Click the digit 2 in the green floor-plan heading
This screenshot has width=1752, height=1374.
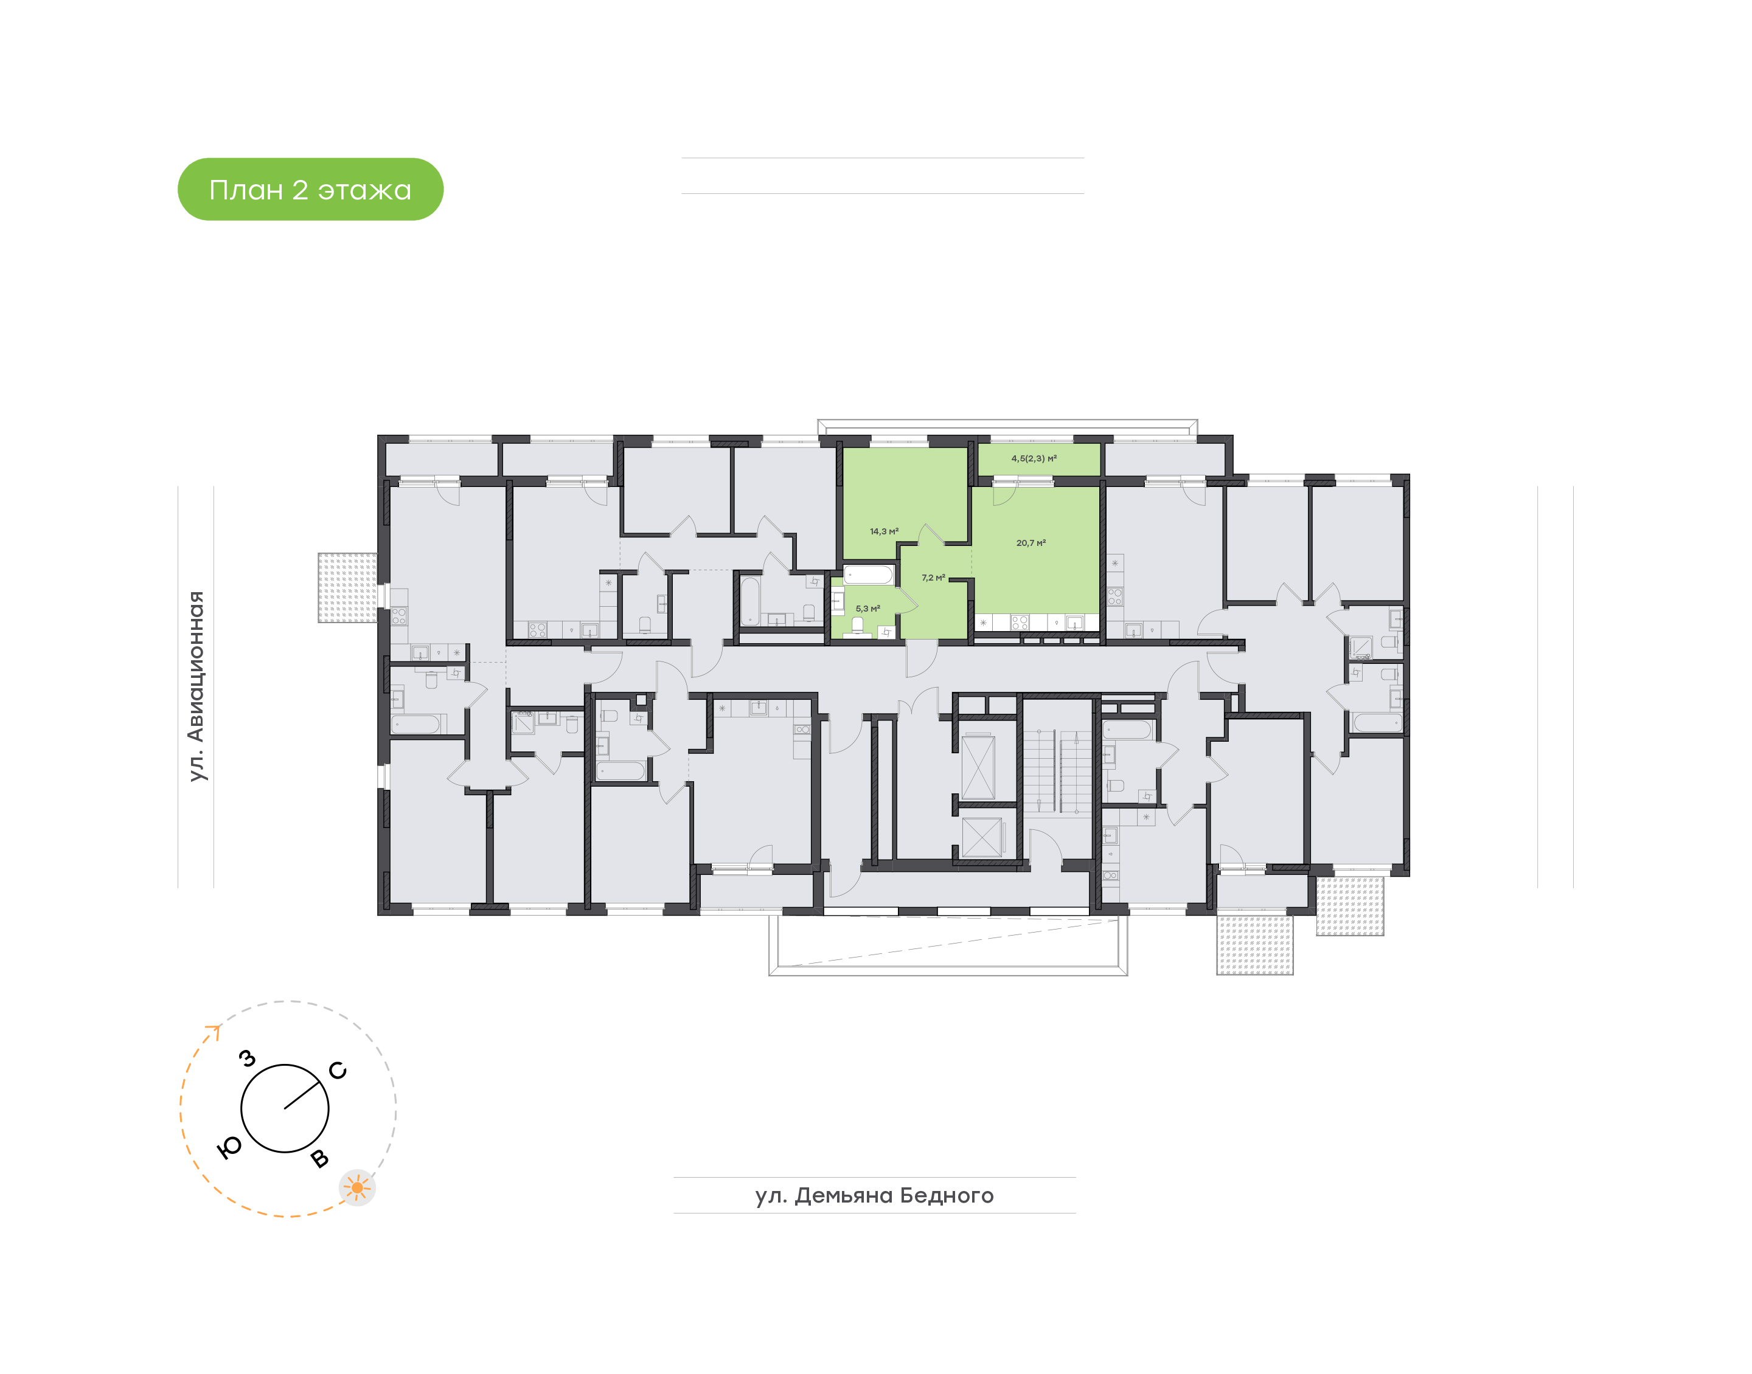[x=299, y=190]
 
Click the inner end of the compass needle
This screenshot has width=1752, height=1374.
[x=285, y=1108]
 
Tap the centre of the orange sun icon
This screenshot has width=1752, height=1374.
[x=357, y=1187]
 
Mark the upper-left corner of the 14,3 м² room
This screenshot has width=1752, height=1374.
[x=843, y=448]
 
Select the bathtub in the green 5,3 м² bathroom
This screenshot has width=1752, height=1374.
[x=868, y=575]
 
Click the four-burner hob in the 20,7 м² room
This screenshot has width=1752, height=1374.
[x=1020, y=622]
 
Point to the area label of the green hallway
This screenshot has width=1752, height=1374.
[x=934, y=578]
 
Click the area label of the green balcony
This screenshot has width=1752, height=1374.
[x=1034, y=458]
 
